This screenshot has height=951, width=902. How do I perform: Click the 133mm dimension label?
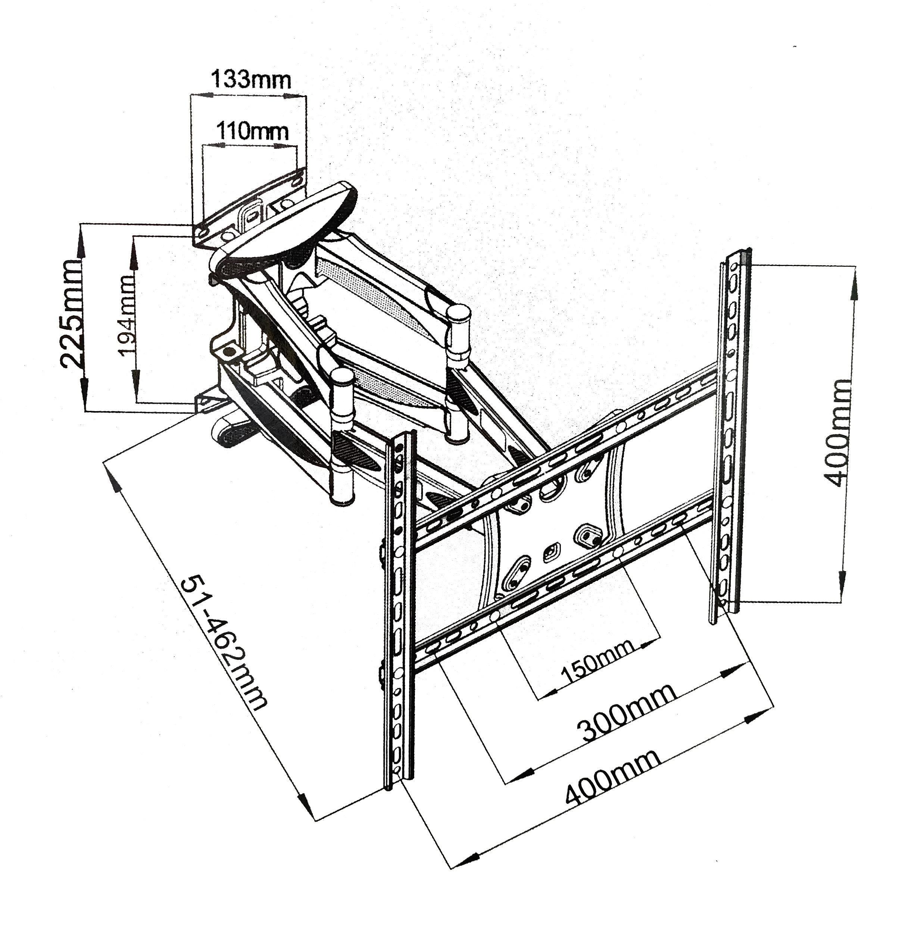pos(252,80)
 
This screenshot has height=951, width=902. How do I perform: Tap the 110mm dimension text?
pos(252,131)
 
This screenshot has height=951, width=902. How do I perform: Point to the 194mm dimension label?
pos(127,316)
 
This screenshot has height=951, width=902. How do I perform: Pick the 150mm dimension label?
pos(597,663)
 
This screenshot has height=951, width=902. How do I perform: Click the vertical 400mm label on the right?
pos(837,433)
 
